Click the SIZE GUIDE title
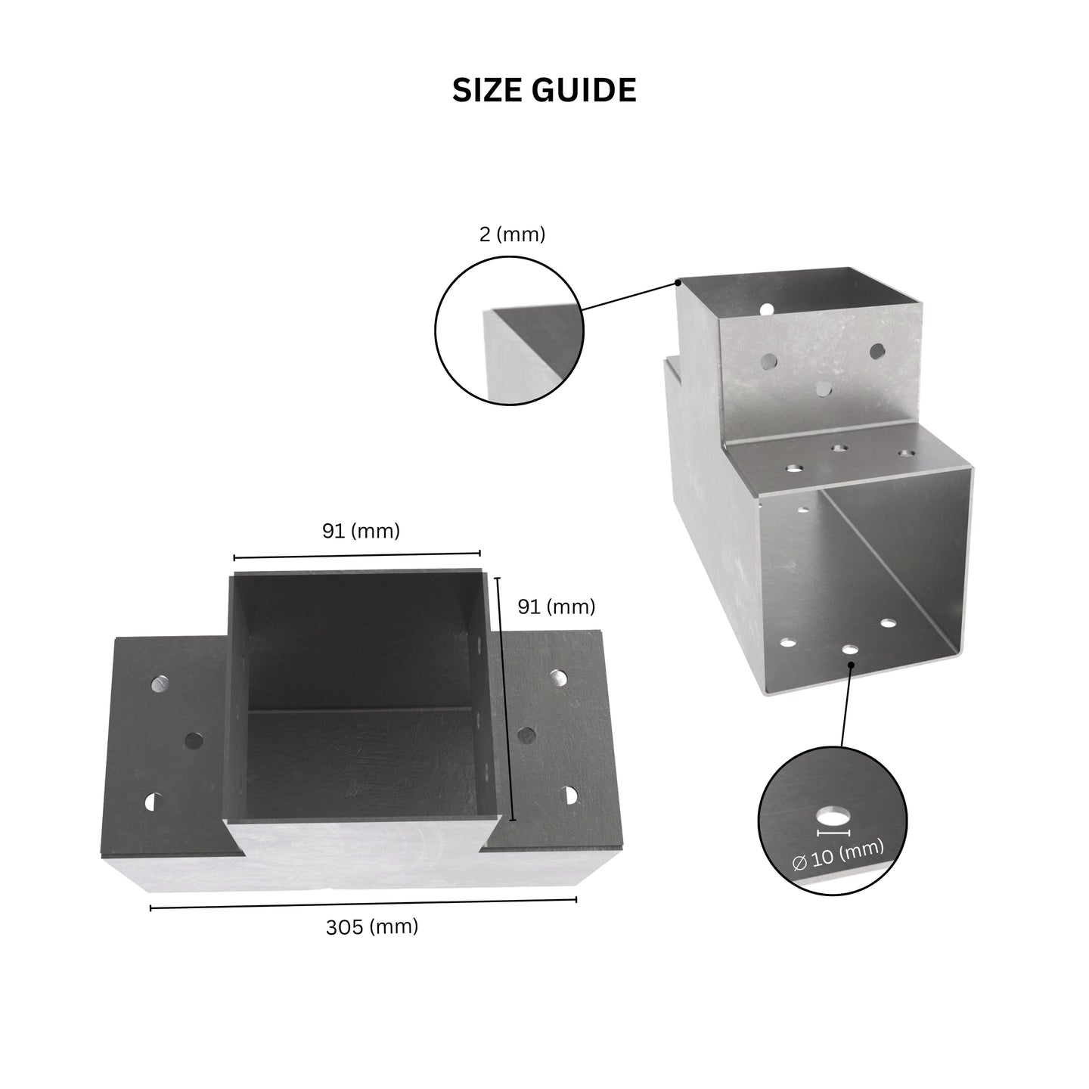pyautogui.click(x=544, y=90)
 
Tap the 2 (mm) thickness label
pyautogui.click(x=512, y=234)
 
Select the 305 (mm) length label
pyautogui.click(x=372, y=927)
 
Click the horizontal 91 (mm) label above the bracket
pyautogui.click(x=361, y=531)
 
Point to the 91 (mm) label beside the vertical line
pyautogui.click(x=557, y=607)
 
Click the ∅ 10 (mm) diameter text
pyautogui.click(x=838, y=855)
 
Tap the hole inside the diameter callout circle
pyautogui.click(x=833, y=818)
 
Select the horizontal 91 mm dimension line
pyautogui.click(x=357, y=555)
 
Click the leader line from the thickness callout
pyautogui.click(x=629, y=296)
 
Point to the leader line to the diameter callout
pyautogui.click(x=847, y=706)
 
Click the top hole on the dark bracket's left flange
pyautogui.click(x=160, y=684)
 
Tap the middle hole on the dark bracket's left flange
pyautogui.click(x=194, y=740)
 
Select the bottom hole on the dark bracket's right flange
pyautogui.click(x=569, y=796)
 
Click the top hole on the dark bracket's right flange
pyautogui.click(x=558, y=678)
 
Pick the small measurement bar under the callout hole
pyautogui.click(x=833, y=833)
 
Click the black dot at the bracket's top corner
pyautogui.click(x=678, y=281)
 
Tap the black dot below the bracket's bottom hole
pyautogui.click(x=852, y=665)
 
